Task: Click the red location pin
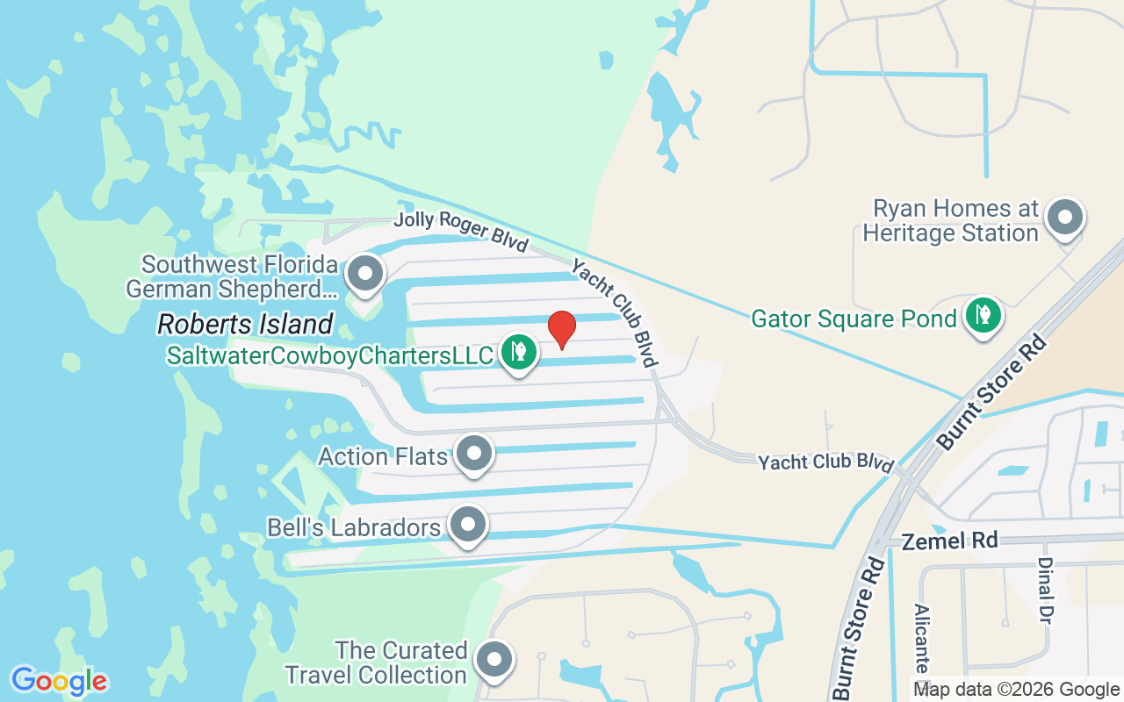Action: coord(562,329)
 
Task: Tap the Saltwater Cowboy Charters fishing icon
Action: coord(519,351)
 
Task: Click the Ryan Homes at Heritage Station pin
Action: coord(1066,217)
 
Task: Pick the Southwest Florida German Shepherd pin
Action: coord(364,274)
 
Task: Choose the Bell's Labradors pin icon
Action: coord(468,525)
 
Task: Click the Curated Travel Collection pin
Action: coord(494,659)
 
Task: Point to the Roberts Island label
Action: coord(245,325)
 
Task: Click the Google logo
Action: coord(59,680)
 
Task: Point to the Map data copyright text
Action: coord(1016,690)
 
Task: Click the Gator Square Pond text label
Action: coord(854,318)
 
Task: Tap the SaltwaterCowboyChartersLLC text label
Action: coord(331,356)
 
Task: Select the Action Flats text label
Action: coord(383,456)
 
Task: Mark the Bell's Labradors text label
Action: coord(354,527)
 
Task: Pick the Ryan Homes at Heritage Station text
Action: coord(951,221)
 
